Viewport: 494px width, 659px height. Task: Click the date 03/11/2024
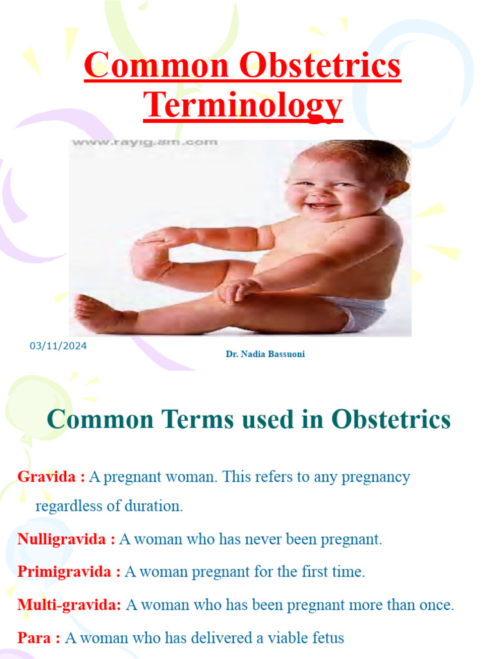(x=58, y=346)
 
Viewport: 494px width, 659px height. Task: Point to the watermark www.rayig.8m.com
(x=145, y=142)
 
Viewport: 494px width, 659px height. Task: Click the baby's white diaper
(x=360, y=313)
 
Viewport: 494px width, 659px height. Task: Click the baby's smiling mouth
(x=320, y=206)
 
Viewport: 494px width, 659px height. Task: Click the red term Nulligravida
(x=62, y=539)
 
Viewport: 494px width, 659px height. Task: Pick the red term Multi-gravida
(x=69, y=605)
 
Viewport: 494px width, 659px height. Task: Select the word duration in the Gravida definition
(x=156, y=506)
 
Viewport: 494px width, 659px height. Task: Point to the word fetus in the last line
(x=328, y=638)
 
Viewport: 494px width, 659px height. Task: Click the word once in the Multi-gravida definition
(x=438, y=605)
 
